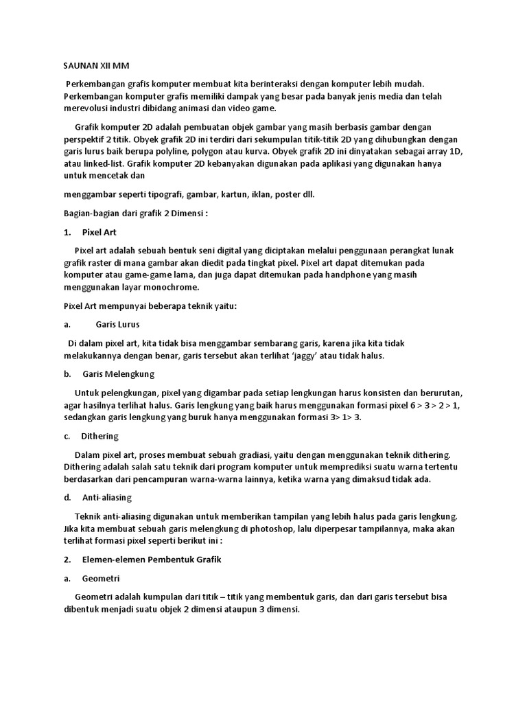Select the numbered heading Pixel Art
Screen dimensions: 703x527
pyautogui.click(x=99, y=232)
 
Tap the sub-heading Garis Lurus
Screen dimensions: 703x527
pyautogui.click(x=117, y=324)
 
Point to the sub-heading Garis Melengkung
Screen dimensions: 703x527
pyautogui.click(x=118, y=374)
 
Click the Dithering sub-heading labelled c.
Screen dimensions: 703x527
pyautogui.click(x=99, y=436)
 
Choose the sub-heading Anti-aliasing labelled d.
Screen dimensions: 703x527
pyautogui.click(x=106, y=497)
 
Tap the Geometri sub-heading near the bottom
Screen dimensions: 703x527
pyautogui.click(x=100, y=578)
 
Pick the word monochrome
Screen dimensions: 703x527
pyautogui.click(x=173, y=287)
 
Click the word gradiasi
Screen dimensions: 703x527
pyautogui.click(x=277, y=454)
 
